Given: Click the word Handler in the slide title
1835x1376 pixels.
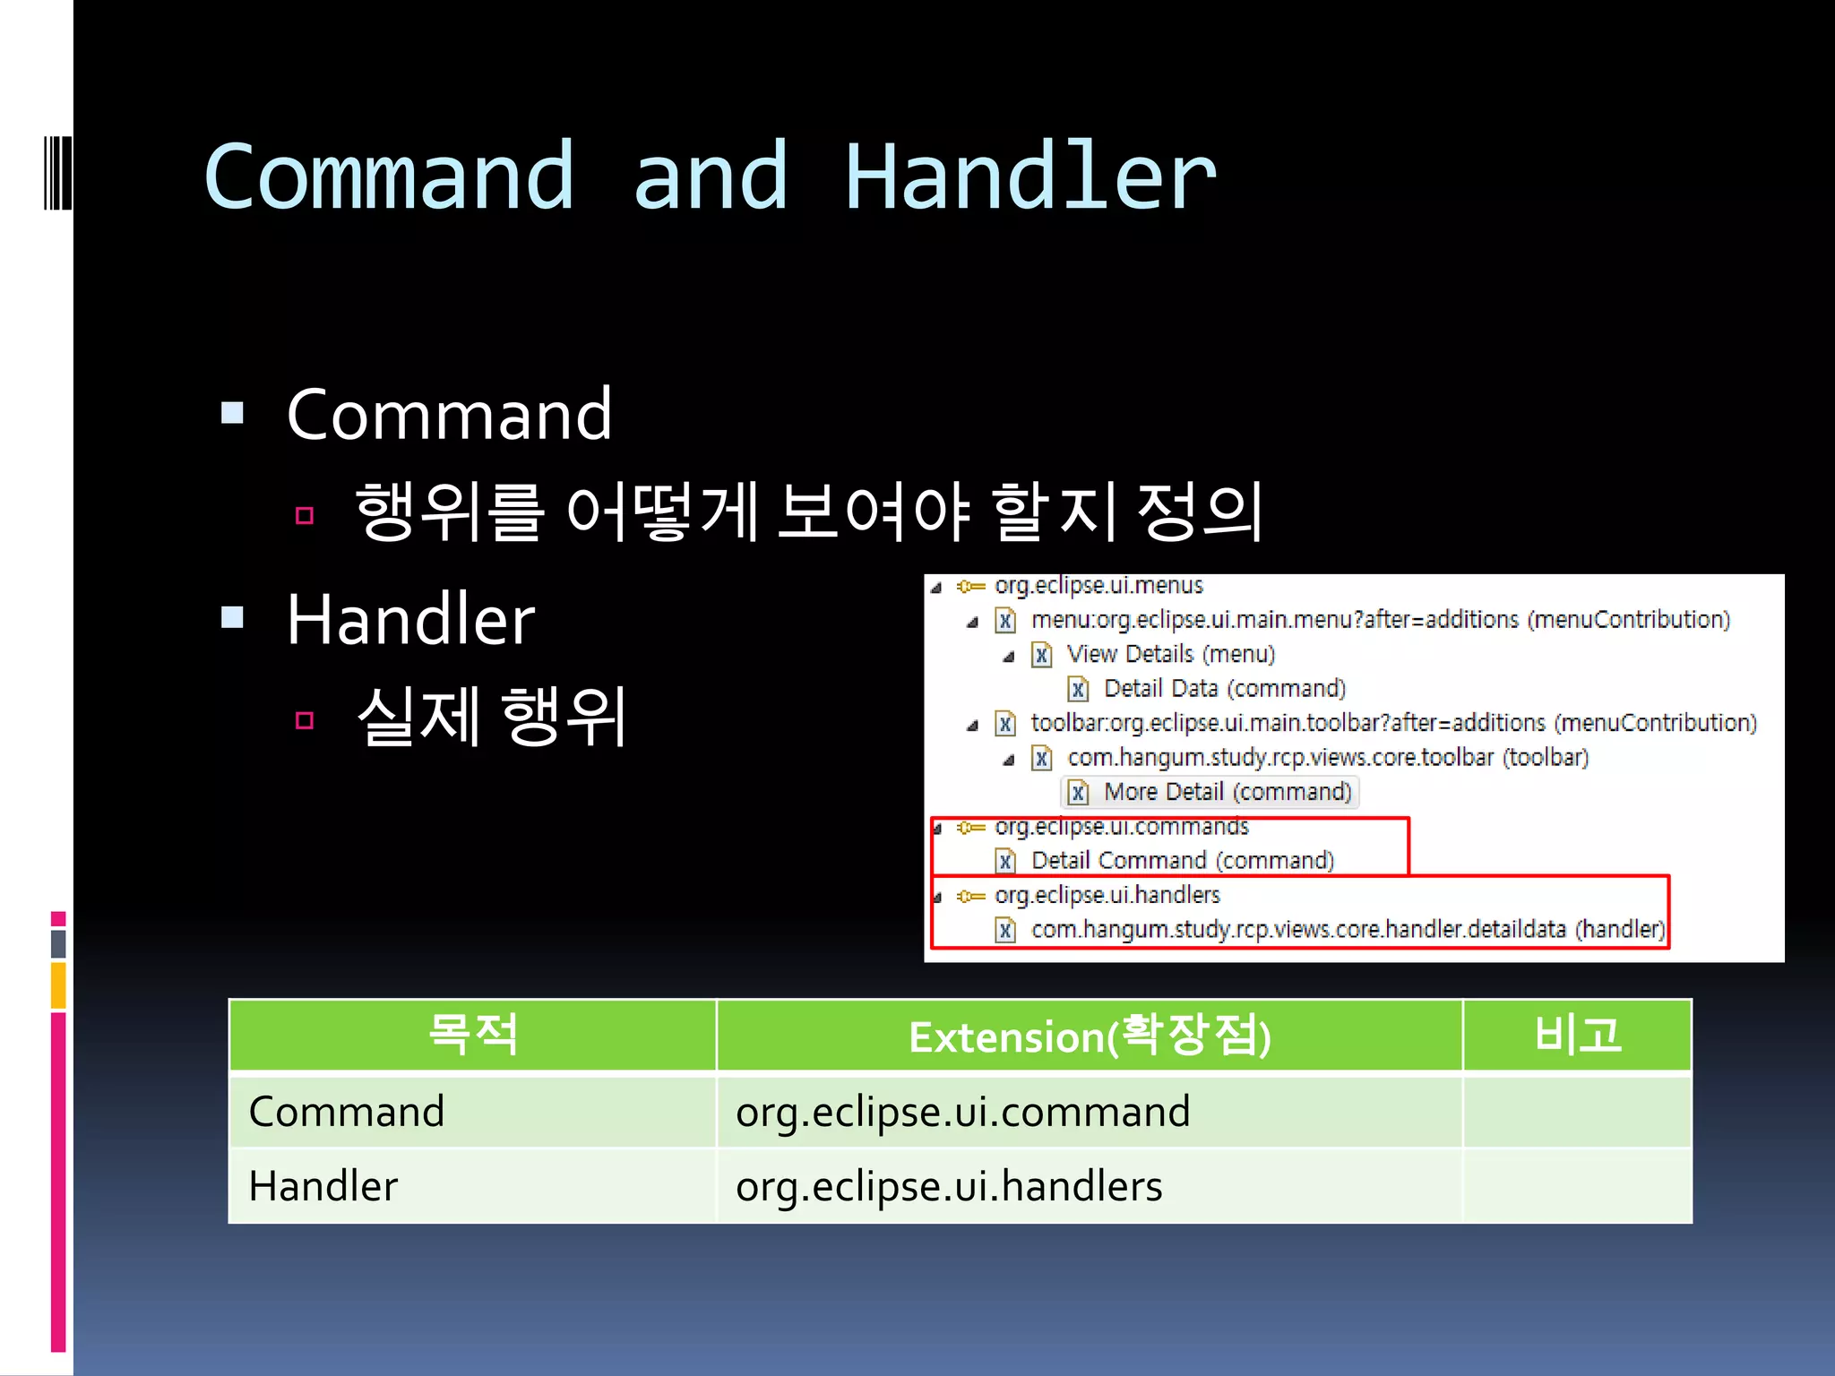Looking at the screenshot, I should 1030,177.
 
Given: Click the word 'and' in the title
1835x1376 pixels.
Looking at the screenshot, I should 711,177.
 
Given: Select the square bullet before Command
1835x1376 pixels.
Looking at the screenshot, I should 233,413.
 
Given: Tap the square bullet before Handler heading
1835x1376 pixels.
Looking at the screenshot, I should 233,617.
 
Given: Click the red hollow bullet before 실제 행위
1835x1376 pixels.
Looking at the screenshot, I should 305,719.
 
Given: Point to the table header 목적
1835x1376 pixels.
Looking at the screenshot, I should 473,1035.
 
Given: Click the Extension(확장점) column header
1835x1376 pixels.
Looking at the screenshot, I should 1089,1036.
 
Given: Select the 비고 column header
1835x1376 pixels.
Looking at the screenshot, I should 1577,1035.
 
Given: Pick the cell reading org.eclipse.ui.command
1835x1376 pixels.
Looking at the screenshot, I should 962,1112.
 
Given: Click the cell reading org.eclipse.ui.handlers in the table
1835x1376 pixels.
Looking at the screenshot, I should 949,1186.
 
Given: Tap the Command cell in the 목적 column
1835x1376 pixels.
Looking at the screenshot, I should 347,1112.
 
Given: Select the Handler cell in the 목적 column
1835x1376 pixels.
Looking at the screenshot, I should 323,1186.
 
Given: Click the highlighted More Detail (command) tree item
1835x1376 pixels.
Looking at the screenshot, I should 1226,792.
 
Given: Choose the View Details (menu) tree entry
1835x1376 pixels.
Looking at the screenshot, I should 1170,654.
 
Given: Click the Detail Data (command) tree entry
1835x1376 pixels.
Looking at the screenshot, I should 1224,688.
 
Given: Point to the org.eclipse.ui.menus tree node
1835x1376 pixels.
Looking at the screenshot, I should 1098,586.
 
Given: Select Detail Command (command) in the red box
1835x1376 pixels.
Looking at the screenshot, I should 1182,860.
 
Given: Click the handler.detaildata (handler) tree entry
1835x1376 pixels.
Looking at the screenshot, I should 1347,929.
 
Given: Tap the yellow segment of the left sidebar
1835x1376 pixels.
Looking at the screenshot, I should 58,985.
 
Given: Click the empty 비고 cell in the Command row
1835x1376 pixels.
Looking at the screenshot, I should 1577,1112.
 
